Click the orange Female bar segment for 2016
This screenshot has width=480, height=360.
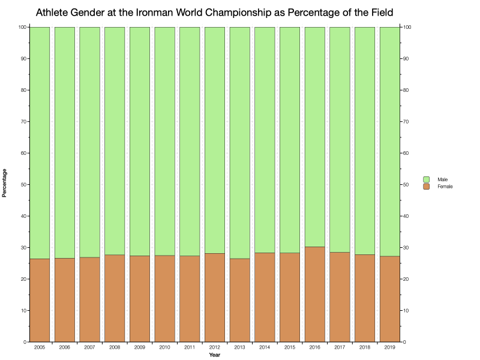[314, 294]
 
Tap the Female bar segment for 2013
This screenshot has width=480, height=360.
[239, 300]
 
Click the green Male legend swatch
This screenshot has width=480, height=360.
[427, 179]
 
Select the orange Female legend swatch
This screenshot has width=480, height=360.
[427, 187]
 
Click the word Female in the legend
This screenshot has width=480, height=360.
[445, 187]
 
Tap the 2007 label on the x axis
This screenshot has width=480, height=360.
[90, 347]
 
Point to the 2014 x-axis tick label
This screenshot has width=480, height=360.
[265, 347]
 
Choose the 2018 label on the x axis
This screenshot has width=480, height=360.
[364, 347]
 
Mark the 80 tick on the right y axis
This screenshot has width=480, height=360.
[407, 90]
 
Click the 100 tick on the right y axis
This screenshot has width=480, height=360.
[408, 27]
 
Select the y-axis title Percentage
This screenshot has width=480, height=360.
[5, 183]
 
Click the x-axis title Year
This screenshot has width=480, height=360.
[214, 355]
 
